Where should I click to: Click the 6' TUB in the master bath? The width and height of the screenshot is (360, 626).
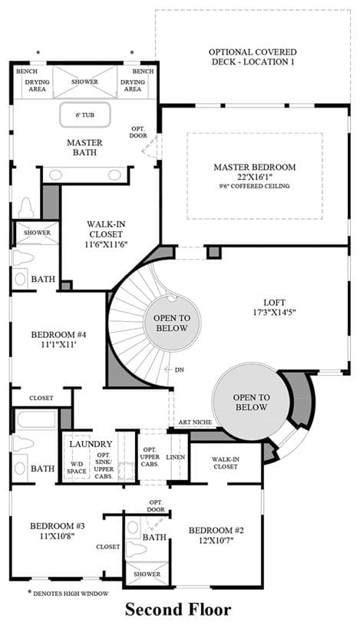[85, 115]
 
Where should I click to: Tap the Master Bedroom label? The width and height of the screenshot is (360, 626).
[255, 167]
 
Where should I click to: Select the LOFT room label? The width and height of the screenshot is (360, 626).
[274, 302]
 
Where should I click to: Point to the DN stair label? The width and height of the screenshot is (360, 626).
[179, 370]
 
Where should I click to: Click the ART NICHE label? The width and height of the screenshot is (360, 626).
[195, 422]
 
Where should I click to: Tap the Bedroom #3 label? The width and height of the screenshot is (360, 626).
[58, 526]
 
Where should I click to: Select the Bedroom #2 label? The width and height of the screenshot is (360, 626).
[216, 530]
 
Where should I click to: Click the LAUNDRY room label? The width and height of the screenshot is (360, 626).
[91, 444]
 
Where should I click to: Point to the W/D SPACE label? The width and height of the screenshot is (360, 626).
[77, 468]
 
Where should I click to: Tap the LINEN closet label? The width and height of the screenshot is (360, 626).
[176, 457]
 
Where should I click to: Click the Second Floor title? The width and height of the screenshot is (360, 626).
[178, 610]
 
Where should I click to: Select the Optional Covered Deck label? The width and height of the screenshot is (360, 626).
[253, 57]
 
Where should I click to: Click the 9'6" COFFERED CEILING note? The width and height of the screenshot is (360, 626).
[255, 186]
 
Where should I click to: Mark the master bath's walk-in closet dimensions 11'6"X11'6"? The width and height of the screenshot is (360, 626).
[106, 244]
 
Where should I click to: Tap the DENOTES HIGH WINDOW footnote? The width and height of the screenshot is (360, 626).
[71, 594]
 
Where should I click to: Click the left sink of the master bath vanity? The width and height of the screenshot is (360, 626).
[55, 175]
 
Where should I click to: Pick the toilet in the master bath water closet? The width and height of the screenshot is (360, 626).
[27, 207]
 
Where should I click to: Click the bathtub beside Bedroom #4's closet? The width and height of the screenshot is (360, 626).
[36, 419]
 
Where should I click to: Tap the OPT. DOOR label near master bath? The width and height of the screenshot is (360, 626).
[138, 132]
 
